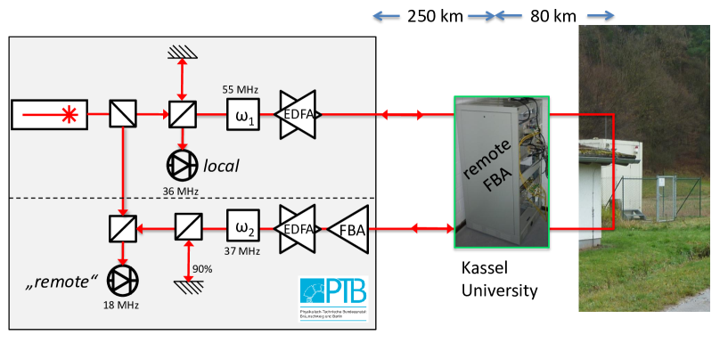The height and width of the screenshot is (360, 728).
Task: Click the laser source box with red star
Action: [x=49, y=114]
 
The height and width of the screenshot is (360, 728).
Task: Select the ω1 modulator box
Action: [x=242, y=115]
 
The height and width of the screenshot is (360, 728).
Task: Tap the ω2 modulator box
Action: [x=242, y=229]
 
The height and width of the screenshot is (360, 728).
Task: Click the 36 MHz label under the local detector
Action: [x=182, y=189]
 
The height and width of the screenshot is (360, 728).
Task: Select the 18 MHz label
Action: [x=122, y=305]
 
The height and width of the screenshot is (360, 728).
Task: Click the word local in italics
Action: [x=223, y=166]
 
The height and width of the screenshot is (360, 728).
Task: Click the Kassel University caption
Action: [x=500, y=278]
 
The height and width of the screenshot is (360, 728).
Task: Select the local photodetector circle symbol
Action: [x=182, y=165]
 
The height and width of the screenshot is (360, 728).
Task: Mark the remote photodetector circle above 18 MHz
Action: [x=122, y=281]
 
